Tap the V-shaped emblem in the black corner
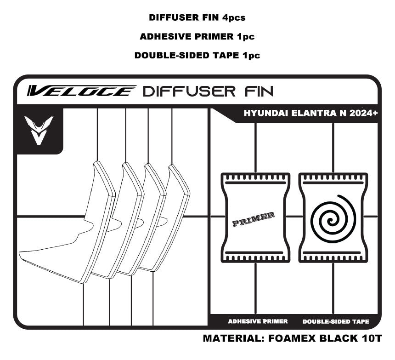point(39,130)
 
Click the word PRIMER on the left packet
point(254,220)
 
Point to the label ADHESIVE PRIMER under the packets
point(258,321)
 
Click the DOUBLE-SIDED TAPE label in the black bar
point(336,321)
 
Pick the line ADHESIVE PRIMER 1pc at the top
point(197,37)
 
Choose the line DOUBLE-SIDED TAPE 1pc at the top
point(197,56)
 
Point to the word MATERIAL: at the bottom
point(232,339)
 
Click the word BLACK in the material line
point(337,339)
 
